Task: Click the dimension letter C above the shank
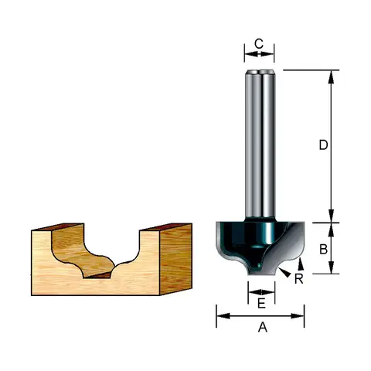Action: click(259, 44)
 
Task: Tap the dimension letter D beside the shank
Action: click(323, 145)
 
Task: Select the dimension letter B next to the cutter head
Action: click(323, 249)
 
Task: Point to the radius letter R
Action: click(299, 279)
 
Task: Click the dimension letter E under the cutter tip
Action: click(261, 304)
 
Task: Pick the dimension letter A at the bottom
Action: click(263, 328)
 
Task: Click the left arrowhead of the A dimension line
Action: click(223, 316)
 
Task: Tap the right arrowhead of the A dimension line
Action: click(298, 316)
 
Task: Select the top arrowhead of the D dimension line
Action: click(331, 77)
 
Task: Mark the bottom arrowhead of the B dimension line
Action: click(331, 267)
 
